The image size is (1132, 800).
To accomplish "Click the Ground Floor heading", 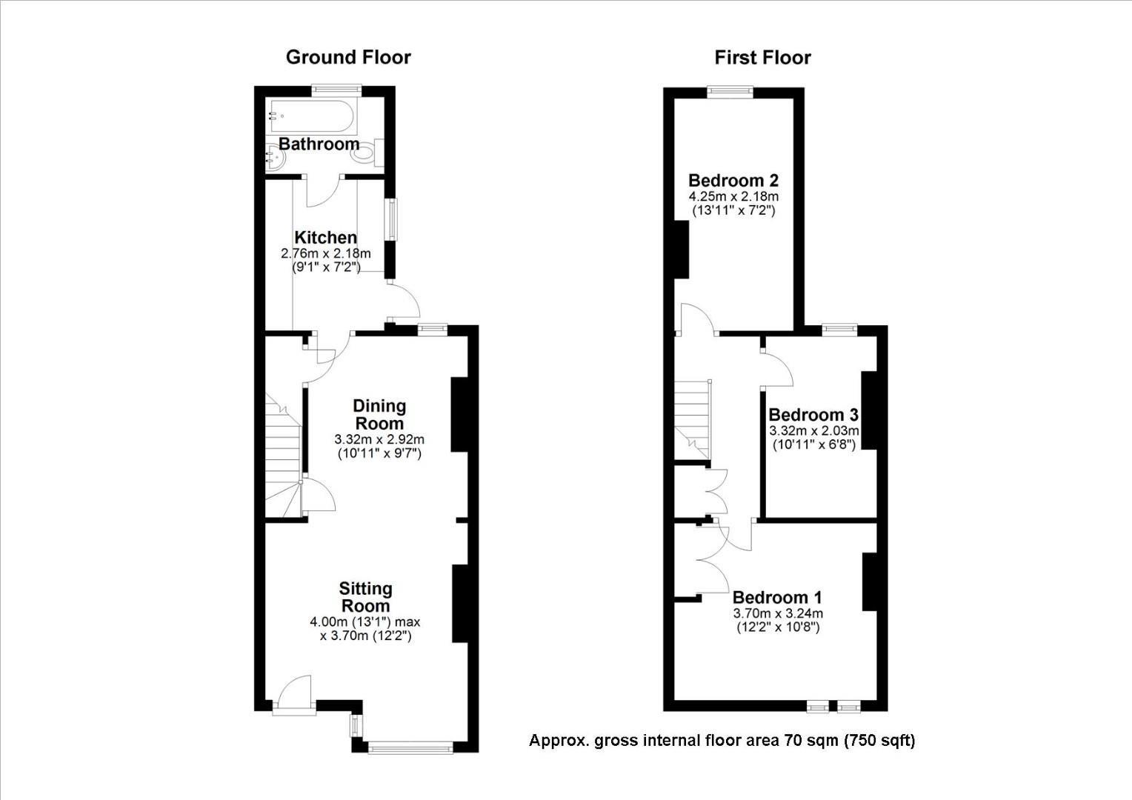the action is click(x=348, y=58).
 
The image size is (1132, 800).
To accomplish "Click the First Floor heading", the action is click(x=762, y=58).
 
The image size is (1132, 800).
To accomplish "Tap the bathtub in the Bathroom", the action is click(x=314, y=116).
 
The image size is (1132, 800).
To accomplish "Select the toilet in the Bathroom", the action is click(x=367, y=153).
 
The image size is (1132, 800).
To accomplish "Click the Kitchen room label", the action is click(x=325, y=237).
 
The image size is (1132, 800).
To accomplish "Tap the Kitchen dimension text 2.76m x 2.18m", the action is click(x=325, y=253).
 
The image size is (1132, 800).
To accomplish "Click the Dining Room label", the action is click(x=379, y=414).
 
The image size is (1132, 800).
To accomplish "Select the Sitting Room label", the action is click(x=365, y=597).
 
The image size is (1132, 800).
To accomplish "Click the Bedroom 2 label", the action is click(x=733, y=180).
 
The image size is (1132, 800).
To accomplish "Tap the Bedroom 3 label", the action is click(x=813, y=415).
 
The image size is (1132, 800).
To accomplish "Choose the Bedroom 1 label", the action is click(x=777, y=597).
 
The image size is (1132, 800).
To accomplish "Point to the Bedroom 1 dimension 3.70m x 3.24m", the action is click(x=778, y=613).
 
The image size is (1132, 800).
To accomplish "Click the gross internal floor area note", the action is click(x=722, y=740).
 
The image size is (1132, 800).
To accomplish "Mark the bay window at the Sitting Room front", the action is click(x=410, y=747).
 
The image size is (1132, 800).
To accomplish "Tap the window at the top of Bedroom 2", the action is click(x=730, y=91).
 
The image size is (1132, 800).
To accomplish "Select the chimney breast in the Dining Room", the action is click(x=459, y=414).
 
